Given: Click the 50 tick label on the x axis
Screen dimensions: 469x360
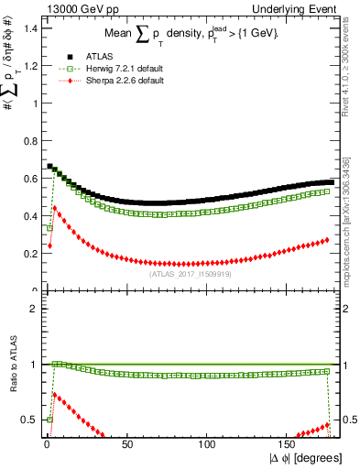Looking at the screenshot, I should [x=126, y=445].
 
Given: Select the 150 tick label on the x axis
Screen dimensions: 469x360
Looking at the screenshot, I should [x=289, y=445].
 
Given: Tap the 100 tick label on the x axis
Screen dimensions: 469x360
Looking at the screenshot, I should [x=208, y=445].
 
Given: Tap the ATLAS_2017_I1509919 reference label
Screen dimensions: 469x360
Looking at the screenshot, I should [x=190, y=273].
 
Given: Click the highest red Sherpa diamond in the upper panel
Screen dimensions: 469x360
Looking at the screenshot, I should [x=55, y=208].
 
